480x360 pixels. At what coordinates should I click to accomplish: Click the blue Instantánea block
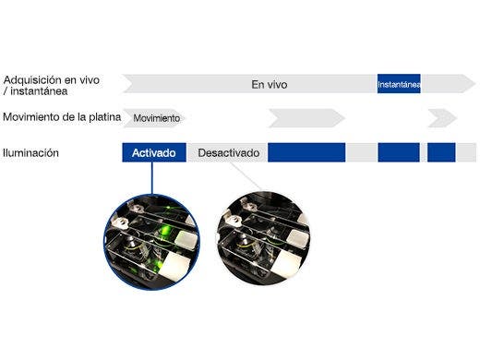point(399,85)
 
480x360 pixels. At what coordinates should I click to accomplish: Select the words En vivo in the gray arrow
point(270,85)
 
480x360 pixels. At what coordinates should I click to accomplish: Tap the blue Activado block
point(154,152)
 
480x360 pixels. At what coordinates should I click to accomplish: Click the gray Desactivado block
point(228,152)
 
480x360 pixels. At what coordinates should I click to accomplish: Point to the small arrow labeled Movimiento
point(156,119)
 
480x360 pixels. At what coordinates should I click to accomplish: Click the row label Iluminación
point(30,152)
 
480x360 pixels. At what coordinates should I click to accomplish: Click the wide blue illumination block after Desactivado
point(306,152)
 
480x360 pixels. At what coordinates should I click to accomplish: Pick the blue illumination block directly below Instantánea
point(399,152)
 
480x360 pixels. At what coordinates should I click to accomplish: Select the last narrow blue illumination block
point(441,152)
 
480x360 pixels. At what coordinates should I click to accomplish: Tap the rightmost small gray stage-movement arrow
point(441,119)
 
